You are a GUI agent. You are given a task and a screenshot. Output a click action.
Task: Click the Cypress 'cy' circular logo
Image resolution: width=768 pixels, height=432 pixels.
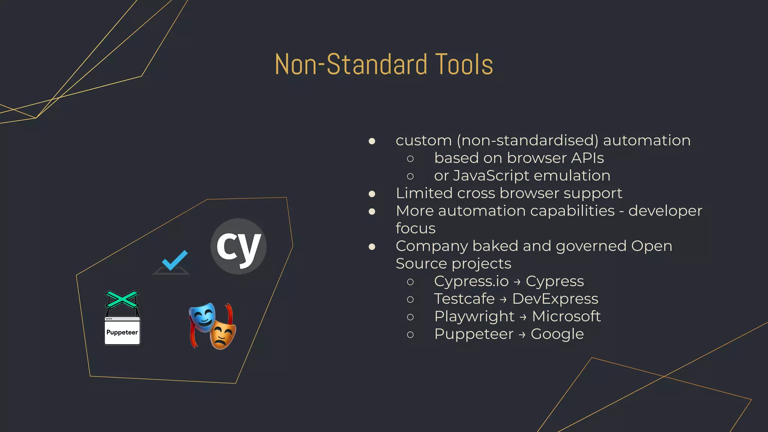(238, 246)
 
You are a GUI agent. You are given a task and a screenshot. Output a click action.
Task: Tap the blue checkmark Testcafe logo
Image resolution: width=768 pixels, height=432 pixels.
(174, 261)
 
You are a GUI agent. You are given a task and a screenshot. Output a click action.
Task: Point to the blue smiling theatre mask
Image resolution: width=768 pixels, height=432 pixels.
(202, 317)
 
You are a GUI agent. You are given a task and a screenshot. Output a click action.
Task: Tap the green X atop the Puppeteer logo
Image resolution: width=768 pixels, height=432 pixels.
(122, 299)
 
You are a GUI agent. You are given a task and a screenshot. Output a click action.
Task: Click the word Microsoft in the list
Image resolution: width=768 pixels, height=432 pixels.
(566, 316)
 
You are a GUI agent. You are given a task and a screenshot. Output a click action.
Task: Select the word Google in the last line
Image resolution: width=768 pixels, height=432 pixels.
(557, 334)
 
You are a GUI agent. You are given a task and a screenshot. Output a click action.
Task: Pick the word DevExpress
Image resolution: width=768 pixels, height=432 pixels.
(555, 299)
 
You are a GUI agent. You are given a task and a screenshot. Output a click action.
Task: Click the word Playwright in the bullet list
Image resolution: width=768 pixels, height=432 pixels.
(474, 316)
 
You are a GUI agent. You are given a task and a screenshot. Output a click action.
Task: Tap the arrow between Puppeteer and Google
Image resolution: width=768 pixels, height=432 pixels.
(522, 335)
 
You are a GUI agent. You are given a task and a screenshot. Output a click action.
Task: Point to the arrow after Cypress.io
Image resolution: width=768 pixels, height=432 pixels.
(517, 282)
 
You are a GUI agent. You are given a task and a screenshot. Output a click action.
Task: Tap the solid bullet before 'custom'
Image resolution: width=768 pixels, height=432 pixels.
(372, 141)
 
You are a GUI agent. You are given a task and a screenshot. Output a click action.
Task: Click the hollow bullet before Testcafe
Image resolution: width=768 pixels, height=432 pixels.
(410, 299)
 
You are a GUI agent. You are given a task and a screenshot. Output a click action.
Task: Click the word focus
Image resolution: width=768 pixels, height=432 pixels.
(415, 228)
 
